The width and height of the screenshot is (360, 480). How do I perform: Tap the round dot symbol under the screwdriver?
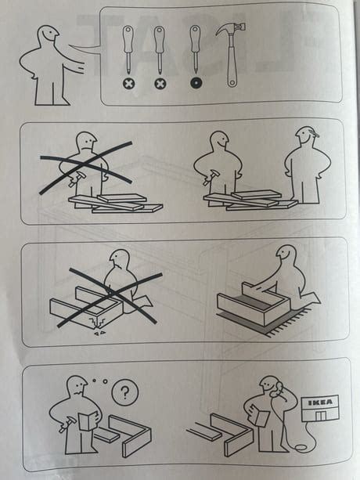195,82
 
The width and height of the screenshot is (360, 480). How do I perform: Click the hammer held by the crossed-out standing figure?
72,180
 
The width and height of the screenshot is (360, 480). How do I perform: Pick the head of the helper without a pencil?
220,141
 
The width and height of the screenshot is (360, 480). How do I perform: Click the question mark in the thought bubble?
122,393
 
